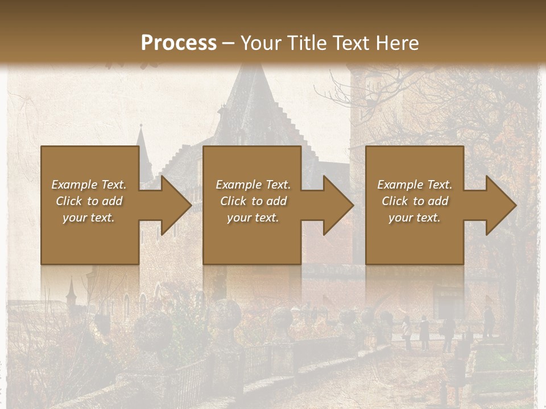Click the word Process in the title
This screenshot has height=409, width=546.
[x=179, y=43]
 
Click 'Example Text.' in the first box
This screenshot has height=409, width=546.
[x=89, y=185]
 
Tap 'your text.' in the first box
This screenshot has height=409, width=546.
[x=89, y=218]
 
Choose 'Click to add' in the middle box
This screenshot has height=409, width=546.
[x=253, y=201]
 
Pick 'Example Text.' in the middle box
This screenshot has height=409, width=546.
[x=253, y=185]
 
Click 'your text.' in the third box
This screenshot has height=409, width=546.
[x=415, y=218]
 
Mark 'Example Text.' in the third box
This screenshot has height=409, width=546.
[x=415, y=185]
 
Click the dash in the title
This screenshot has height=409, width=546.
[x=229, y=43]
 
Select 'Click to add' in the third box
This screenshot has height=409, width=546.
[x=415, y=201]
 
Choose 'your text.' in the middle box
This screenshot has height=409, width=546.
[x=253, y=218]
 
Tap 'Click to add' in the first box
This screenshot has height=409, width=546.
[x=89, y=201]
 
